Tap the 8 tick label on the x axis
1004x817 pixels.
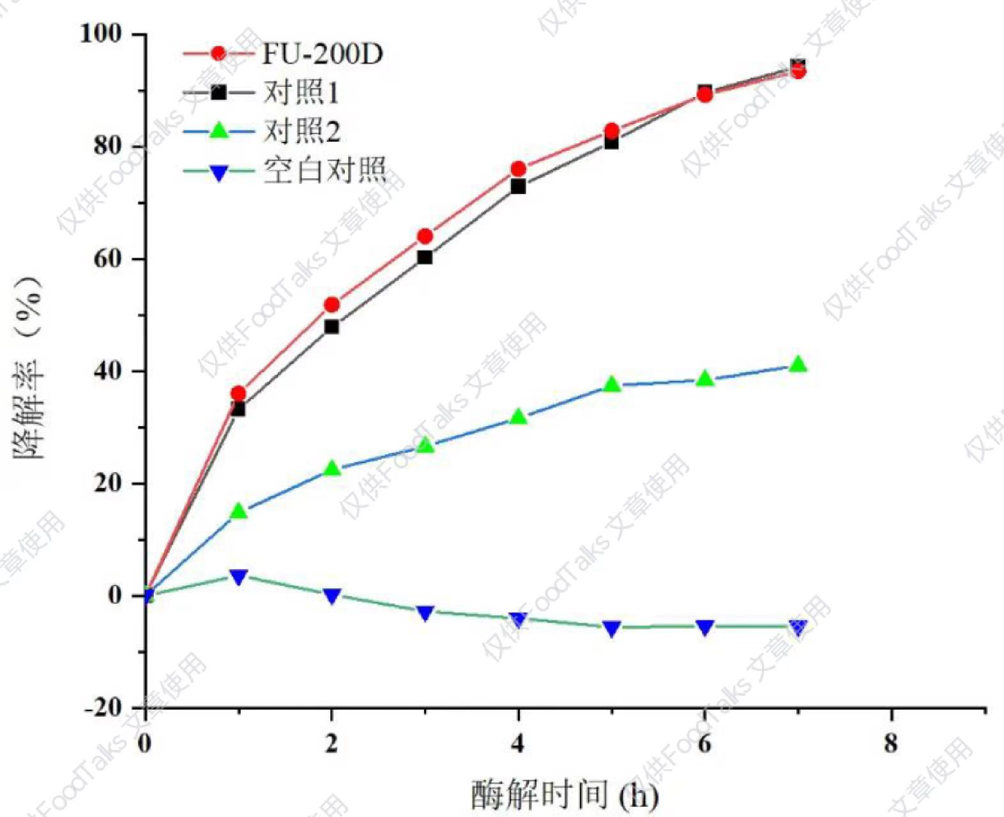(890, 743)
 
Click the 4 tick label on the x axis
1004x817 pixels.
(518, 743)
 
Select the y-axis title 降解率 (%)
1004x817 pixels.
(28, 367)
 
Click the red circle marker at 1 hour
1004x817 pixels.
(238, 393)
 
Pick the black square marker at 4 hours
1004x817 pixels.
(518, 187)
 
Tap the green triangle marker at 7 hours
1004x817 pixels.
(798, 364)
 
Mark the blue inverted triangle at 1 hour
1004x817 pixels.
(238, 577)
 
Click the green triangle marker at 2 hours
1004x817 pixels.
(331, 468)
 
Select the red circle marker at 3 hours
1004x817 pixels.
(425, 236)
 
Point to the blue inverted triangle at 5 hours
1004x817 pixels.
(612, 629)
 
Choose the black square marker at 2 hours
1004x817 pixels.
(331, 326)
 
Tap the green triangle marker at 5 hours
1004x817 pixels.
(612, 384)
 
